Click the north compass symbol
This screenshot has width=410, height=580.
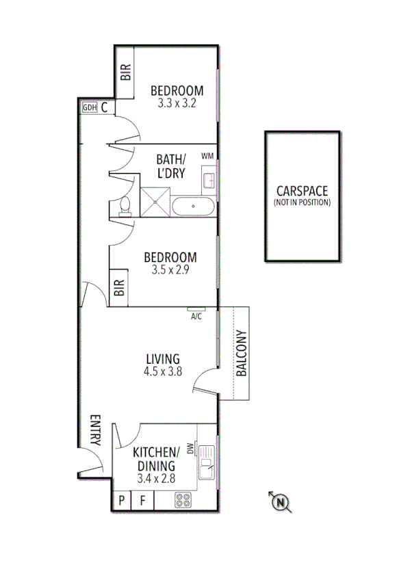pyautogui.click(x=281, y=503)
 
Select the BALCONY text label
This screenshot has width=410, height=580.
pyautogui.click(x=241, y=354)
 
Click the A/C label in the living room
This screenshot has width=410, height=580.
pyautogui.click(x=196, y=316)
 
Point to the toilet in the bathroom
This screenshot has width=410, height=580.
pyautogui.click(x=125, y=207)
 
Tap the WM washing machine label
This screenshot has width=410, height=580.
pyautogui.click(x=207, y=156)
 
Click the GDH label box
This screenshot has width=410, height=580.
pyautogui.click(x=89, y=107)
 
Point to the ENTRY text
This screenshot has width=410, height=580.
pyautogui.click(x=94, y=431)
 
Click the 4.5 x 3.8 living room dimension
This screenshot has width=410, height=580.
pyautogui.click(x=163, y=372)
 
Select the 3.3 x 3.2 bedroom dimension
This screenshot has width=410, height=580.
pyautogui.click(x=177, y=105)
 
